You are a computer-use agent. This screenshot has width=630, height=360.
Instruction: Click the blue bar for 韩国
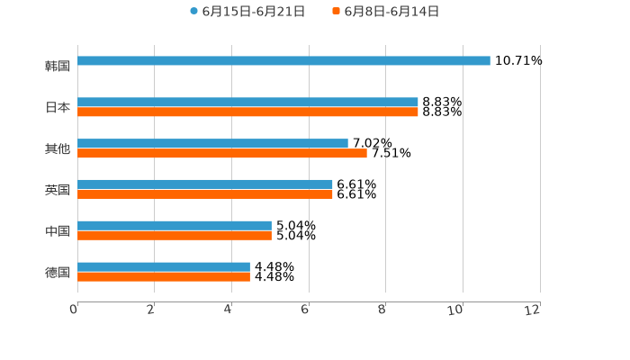coord(283,61)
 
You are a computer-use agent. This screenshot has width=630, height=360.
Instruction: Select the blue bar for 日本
coord(247,103)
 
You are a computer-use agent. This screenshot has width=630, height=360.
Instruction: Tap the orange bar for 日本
coord(247,112)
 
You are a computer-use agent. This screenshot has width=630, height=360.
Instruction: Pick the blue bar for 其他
coord(212,144)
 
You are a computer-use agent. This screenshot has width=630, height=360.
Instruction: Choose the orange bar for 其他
coord(222,154)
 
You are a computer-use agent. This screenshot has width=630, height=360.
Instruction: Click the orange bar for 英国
coord(205,194)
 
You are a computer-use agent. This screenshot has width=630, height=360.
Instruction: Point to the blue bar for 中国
coord(175,226)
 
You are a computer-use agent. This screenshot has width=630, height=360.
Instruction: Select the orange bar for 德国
coord(164,277)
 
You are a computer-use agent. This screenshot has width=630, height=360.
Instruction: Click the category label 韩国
coord(58,66)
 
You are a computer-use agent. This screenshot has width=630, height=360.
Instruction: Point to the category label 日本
coord(58,107)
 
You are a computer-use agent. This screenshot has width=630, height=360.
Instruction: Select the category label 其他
coord(58,148)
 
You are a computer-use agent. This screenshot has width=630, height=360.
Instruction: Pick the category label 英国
coord(58,190)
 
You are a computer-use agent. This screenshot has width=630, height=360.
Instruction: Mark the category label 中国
coord(58,231)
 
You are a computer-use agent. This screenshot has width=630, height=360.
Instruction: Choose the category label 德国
coord(58,272)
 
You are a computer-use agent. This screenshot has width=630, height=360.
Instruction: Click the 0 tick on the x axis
coord(75,310)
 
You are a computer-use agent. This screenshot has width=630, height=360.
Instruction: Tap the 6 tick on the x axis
coord(306,310)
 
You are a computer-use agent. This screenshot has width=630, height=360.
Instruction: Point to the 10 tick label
coord(457,310)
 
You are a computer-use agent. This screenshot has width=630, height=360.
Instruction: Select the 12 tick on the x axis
coord(535,310)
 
